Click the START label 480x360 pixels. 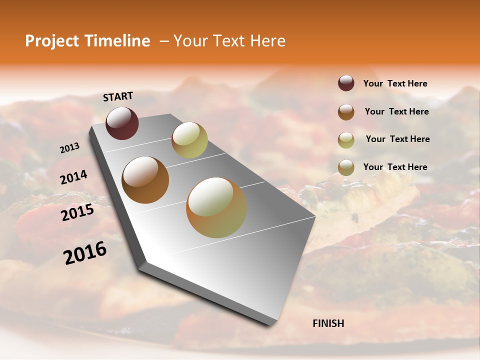coord(118,96)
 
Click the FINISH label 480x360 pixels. coord(328,323)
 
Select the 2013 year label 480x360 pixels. coord(70,148)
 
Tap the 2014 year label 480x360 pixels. coord(74,177)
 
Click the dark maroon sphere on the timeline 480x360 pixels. coord(122,123)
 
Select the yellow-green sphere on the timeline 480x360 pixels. coord(189,139)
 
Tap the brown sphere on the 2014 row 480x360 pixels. coord(145,179)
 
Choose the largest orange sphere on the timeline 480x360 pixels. coord(216,207)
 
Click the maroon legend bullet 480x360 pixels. coord(346,83)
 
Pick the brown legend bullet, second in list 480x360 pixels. coord(346,112)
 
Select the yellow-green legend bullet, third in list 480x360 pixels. coord(346,139)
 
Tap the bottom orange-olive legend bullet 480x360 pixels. coord(346,167)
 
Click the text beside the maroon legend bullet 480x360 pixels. coord(395,83)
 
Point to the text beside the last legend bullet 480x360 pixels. coord(395,167)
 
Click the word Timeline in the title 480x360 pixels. coord(117,41)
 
